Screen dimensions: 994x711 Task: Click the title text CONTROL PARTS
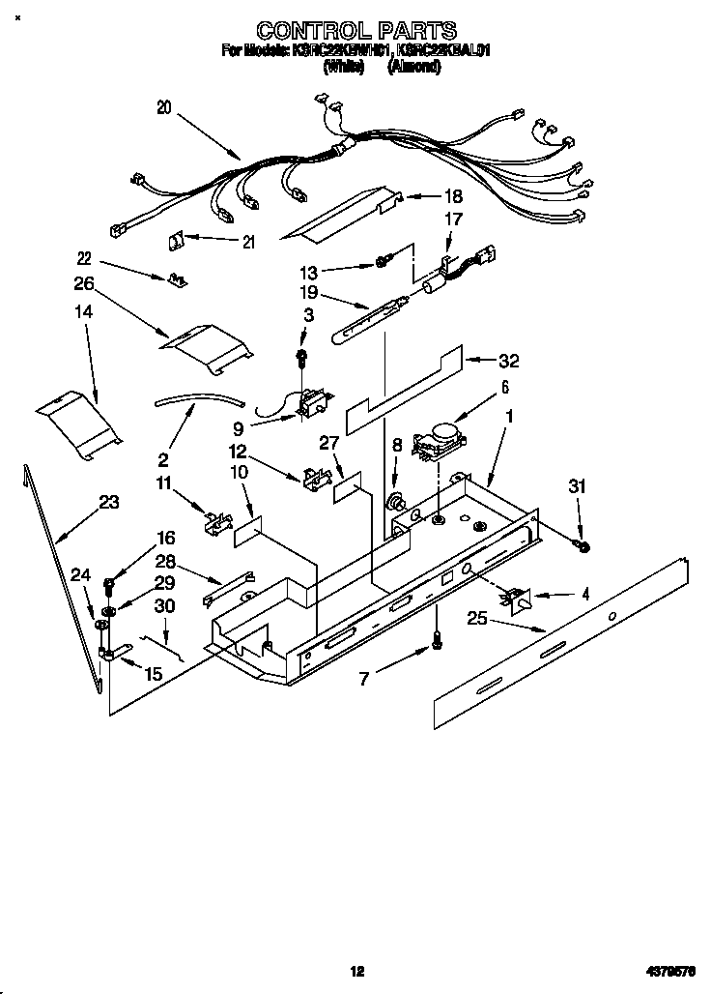[356, 32]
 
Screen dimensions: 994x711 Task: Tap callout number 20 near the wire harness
[163, 108]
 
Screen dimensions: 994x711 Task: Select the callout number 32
[508, 361]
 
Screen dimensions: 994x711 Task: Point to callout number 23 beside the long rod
[108, 502]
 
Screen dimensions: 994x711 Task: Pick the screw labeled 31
[583, 547]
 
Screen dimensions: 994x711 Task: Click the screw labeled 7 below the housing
[436, 639]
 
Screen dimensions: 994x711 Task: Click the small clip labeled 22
[177, 279]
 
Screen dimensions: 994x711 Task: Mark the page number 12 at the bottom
[356, 971]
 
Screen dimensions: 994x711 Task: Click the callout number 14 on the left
[83, 313]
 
